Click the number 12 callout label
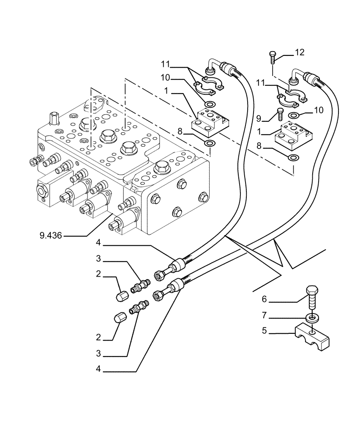pyautogui.click(x=299, y=52)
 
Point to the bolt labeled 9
pyautogui.click(x=278, y=114)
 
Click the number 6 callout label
pyautogui.click(x=265, y=299)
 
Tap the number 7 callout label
pyautogui.click(x=265, y=315)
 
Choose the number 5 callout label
pyautogui.click(x=265, y=331)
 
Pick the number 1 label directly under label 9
pyautogui.click(x=259, y=132)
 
